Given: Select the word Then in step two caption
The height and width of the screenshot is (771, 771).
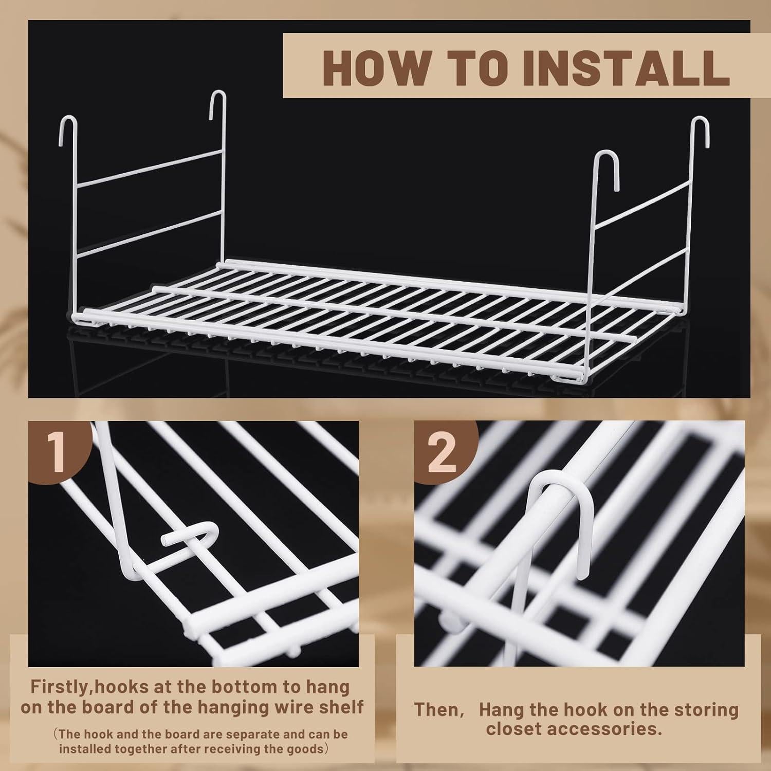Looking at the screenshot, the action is point(436,710).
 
